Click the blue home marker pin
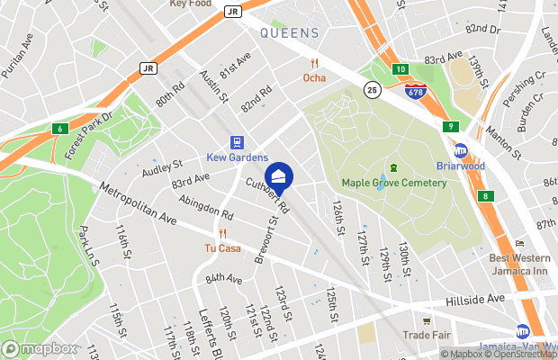tap(278, 177)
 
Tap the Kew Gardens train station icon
tap(238, 142)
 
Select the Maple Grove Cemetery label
tap(393, 184)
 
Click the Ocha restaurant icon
tap(314, 63)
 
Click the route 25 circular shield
tap(372, 90)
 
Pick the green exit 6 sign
tap(59, 128)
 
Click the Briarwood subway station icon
tap(460, 151)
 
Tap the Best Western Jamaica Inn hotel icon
tap(519, 244)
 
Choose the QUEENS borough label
tap(290, 33)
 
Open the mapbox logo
tap(40, 348)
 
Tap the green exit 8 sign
tap(486, 196)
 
